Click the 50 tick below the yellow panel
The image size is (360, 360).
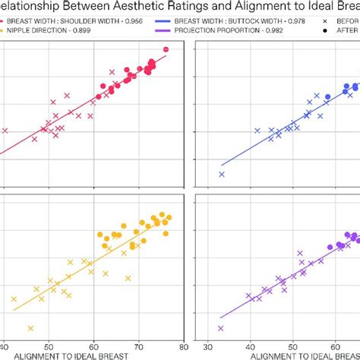point(49,343)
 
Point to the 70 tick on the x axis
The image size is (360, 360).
point(138,343)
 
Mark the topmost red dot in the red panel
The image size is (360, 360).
point(166,49)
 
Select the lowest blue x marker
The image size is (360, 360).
point(222,174)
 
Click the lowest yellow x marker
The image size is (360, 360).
point(30,328)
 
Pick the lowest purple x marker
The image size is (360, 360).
point(220,328)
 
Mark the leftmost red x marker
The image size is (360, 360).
point(5,131)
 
